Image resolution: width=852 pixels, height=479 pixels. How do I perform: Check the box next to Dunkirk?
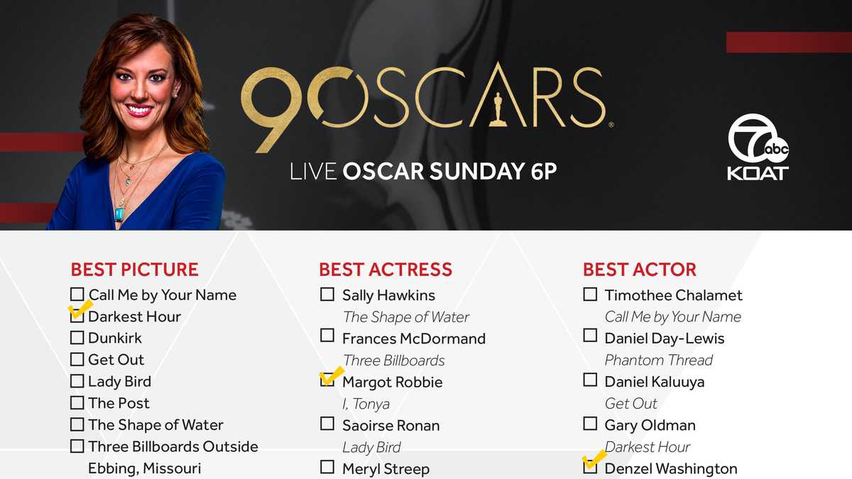pos(77,338)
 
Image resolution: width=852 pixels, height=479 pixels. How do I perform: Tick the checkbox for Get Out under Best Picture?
pos(77,360)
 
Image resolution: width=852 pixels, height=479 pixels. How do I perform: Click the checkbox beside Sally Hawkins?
pos(327,294)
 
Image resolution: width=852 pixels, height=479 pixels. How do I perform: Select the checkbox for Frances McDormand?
pos(327,335)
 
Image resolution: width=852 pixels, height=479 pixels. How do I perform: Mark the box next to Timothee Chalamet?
pos(590,294)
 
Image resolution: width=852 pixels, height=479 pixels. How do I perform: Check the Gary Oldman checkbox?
pos(590,424)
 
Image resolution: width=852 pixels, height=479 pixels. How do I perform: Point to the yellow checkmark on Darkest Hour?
pos(80,309)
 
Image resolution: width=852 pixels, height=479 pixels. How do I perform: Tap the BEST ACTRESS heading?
pos(386,270)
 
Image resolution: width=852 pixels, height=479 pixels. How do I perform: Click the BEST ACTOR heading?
pos(639,270)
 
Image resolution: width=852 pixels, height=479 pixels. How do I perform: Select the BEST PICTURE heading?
pos(134,270)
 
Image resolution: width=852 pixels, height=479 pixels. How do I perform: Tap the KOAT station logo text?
pos(758,172)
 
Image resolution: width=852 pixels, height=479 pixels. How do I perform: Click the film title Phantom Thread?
pos(658,360)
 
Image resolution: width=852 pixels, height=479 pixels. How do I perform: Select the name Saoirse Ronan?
pos(390,425)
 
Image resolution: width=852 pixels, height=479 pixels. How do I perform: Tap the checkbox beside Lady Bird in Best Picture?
pos(77,382)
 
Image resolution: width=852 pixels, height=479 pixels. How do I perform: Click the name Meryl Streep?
pos(386,468)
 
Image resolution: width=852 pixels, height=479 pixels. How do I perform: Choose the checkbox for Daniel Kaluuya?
pos(590,380)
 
